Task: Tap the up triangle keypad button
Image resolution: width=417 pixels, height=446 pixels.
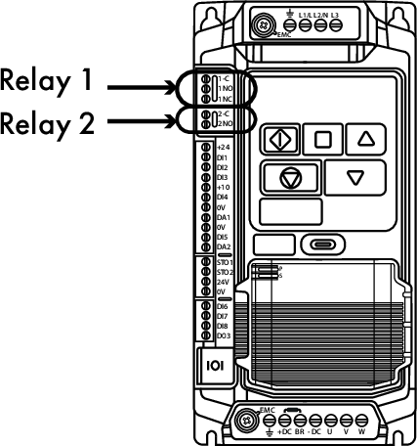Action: pyautogui.click(x=366, y=138)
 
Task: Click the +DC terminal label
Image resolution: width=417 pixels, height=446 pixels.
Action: pyautogui.click(x=285, y=430)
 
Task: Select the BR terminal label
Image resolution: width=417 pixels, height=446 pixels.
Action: pyautogui.click(x=302, y=430)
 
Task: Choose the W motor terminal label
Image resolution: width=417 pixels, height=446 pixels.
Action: pyautogui.click(x=361, y=430)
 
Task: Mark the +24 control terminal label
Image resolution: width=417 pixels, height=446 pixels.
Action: pyautogui.click(x=223, y=148)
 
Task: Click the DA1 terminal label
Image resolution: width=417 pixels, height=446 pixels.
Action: pyautogui.click(x=223, y=217)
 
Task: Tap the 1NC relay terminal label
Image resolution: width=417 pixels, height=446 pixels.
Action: pyautogui.click(x=224, y=98)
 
